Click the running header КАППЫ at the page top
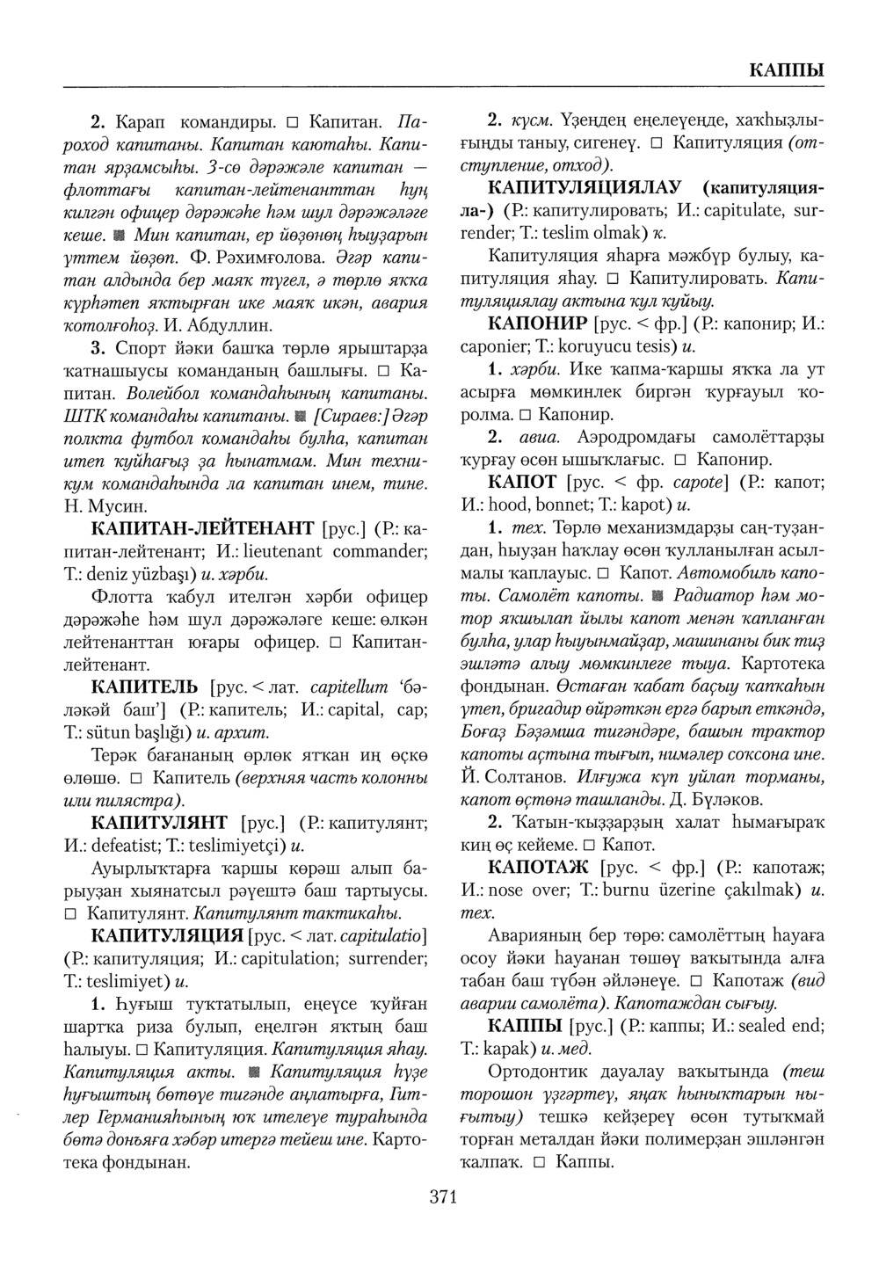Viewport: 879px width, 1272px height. [786, 70]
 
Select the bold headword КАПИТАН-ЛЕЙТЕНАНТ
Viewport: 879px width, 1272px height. [203, 529]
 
